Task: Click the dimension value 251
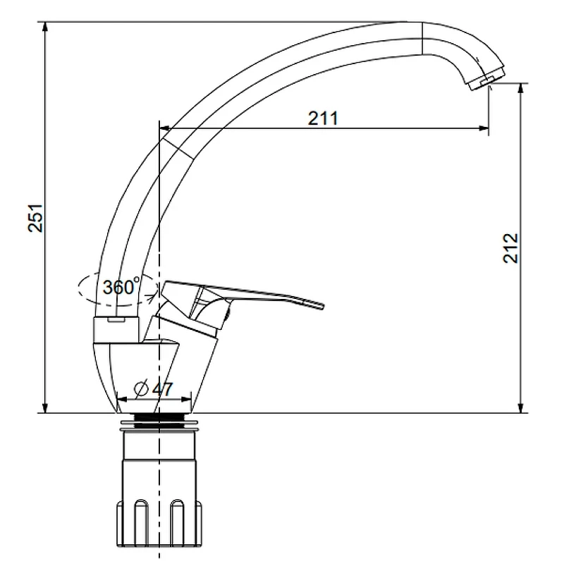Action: tap(35, 218)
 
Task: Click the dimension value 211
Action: tap(323, 118)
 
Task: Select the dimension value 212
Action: tap(510, 248)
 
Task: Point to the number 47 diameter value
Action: tap(162, 389)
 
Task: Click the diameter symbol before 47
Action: tap(141, 388)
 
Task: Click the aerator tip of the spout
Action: tap(486, 80)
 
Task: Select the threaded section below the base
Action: tap(159, 421)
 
